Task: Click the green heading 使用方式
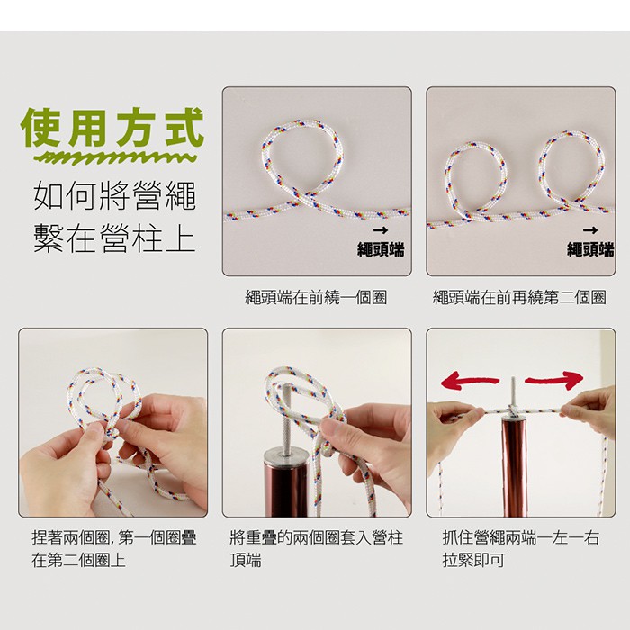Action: coord(112,128)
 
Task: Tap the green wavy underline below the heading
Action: coord(114,157)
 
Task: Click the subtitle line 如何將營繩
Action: coord(115,195)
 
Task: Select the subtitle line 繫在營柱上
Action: coord(115,238)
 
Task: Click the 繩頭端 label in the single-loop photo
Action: coord(381,249)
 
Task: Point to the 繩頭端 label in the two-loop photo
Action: coord(590,249)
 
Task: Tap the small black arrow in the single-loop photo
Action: coord(381,230)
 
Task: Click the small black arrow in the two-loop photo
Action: coord(590,230)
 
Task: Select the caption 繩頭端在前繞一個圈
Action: coord(316,298)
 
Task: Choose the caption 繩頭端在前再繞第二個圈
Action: coord(519,298)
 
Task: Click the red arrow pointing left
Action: coord(469,381)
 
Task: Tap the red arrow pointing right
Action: coord(554,379)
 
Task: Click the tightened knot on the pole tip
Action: coord(513,410)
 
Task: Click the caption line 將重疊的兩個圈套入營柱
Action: coord(317,537)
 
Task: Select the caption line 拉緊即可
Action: coord(473,560)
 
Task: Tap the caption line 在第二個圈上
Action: coord(79,560)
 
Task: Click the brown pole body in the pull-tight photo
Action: coord(514,466)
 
